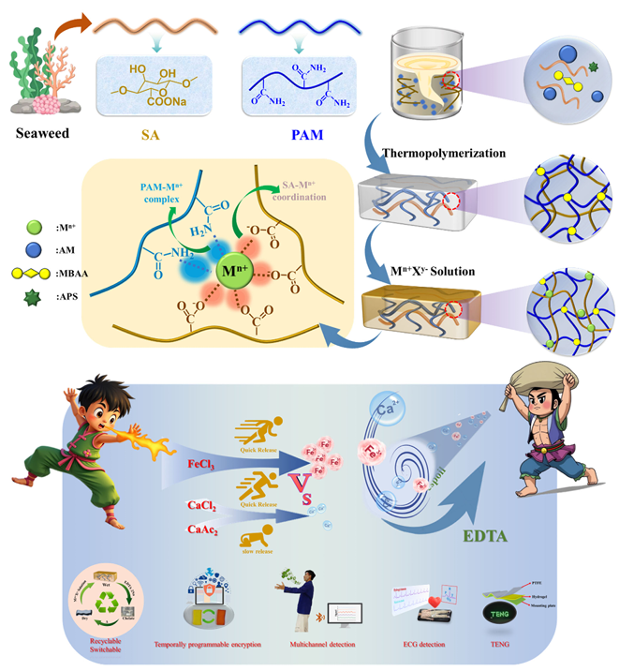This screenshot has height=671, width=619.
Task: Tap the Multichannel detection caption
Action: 316,647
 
